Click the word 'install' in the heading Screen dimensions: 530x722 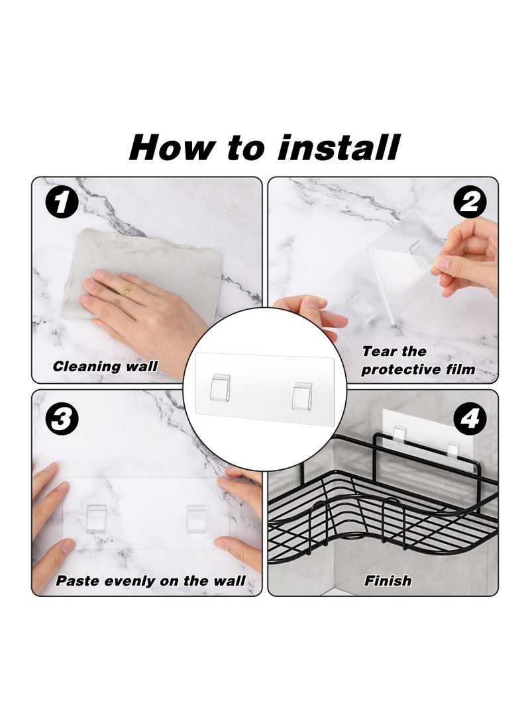(339, 147)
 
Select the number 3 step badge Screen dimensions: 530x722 (60, 418)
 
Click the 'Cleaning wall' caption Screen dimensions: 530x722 (105, 366)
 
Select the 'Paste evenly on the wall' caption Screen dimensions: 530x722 (150, 582)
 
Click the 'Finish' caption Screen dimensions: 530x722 (388, 582)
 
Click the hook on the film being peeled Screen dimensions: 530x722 (419, 253)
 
